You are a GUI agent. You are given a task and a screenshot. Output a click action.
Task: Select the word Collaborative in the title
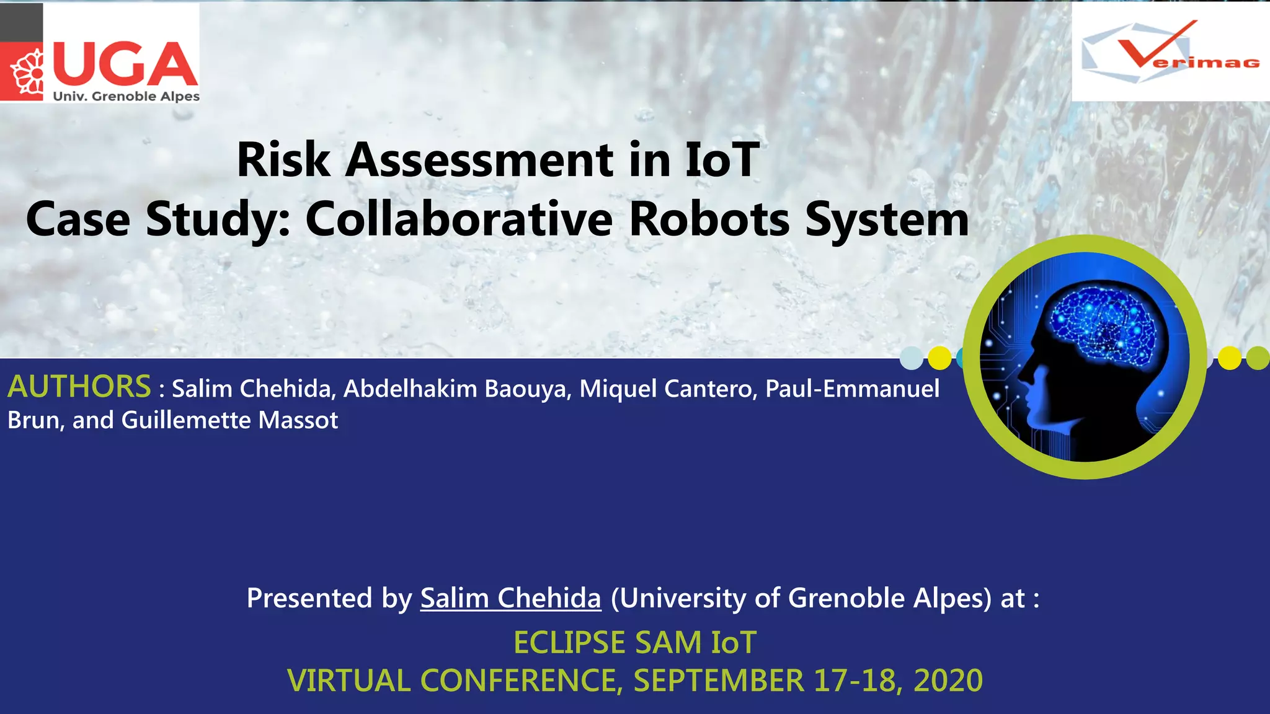pyautogui.click(x=459, y=219)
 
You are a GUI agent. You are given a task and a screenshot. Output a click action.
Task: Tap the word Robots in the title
pyautogui.click(x=709, y=219)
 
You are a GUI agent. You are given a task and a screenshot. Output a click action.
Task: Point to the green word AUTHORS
pyautogui.click(x=79, y=387)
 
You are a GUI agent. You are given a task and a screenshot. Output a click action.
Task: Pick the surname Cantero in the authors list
pyautogui.click(x=709, y=389)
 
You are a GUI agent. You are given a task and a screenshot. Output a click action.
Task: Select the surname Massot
pyautogui.click(x=298, y=420)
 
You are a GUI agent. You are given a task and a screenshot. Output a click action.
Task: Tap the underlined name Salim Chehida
pyautogui.click(x=511, y=598)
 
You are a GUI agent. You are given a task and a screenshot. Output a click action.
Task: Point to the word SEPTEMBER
pyautogui.click(x=719, y=681)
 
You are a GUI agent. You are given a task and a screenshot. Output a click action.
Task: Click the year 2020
pyautogui.click(x=948, y=681)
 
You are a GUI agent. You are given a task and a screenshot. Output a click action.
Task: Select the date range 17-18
pyautogui.click(x=856, y=681)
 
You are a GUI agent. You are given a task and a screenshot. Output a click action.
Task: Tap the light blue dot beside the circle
pyautogui.click(x=912, y=358)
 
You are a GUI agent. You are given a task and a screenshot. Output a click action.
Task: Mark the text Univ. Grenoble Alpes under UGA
pyautogui.click(x=126, y=97)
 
